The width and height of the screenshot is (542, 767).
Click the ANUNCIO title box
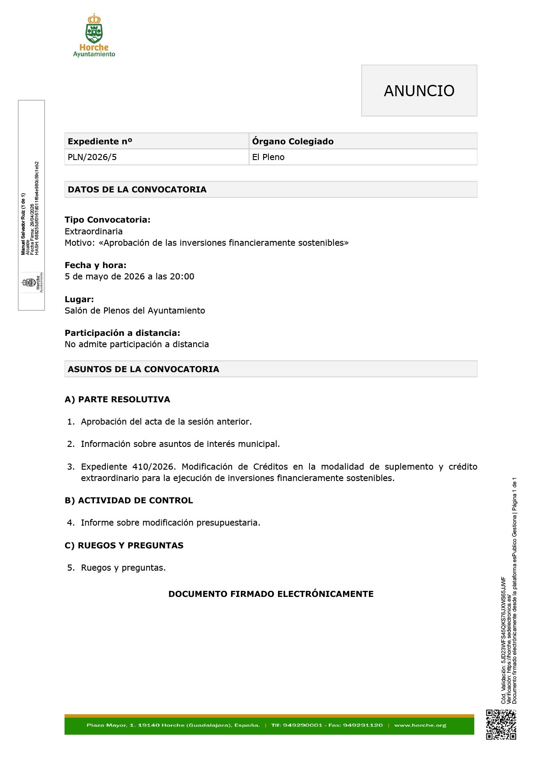click(419, 91)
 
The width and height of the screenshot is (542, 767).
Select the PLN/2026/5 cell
click(92, 157)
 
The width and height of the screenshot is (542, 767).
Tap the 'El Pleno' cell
click(268, 157)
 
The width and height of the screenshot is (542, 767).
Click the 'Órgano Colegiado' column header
click(292, 141)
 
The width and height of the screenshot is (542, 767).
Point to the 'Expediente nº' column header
click(100, 141)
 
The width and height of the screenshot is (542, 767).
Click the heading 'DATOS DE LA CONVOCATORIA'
click(137, 189)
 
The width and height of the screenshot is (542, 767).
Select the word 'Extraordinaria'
click(94, 231)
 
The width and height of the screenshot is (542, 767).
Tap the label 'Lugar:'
click(79, 299)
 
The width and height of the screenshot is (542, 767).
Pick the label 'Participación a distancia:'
click(122, 333)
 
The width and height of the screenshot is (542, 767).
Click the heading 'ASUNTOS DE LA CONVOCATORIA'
click(143, 369)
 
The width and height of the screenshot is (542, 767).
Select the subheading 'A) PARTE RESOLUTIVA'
click(117, 399)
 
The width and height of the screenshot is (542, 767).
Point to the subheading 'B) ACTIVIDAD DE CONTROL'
click(129, 500)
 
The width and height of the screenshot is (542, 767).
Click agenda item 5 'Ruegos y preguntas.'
click(123, 568)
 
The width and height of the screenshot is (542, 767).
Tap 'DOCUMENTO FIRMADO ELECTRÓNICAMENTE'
click(271, 594)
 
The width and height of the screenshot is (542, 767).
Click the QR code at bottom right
click(501, 725)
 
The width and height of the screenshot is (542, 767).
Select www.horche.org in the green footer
click(420, 725)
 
